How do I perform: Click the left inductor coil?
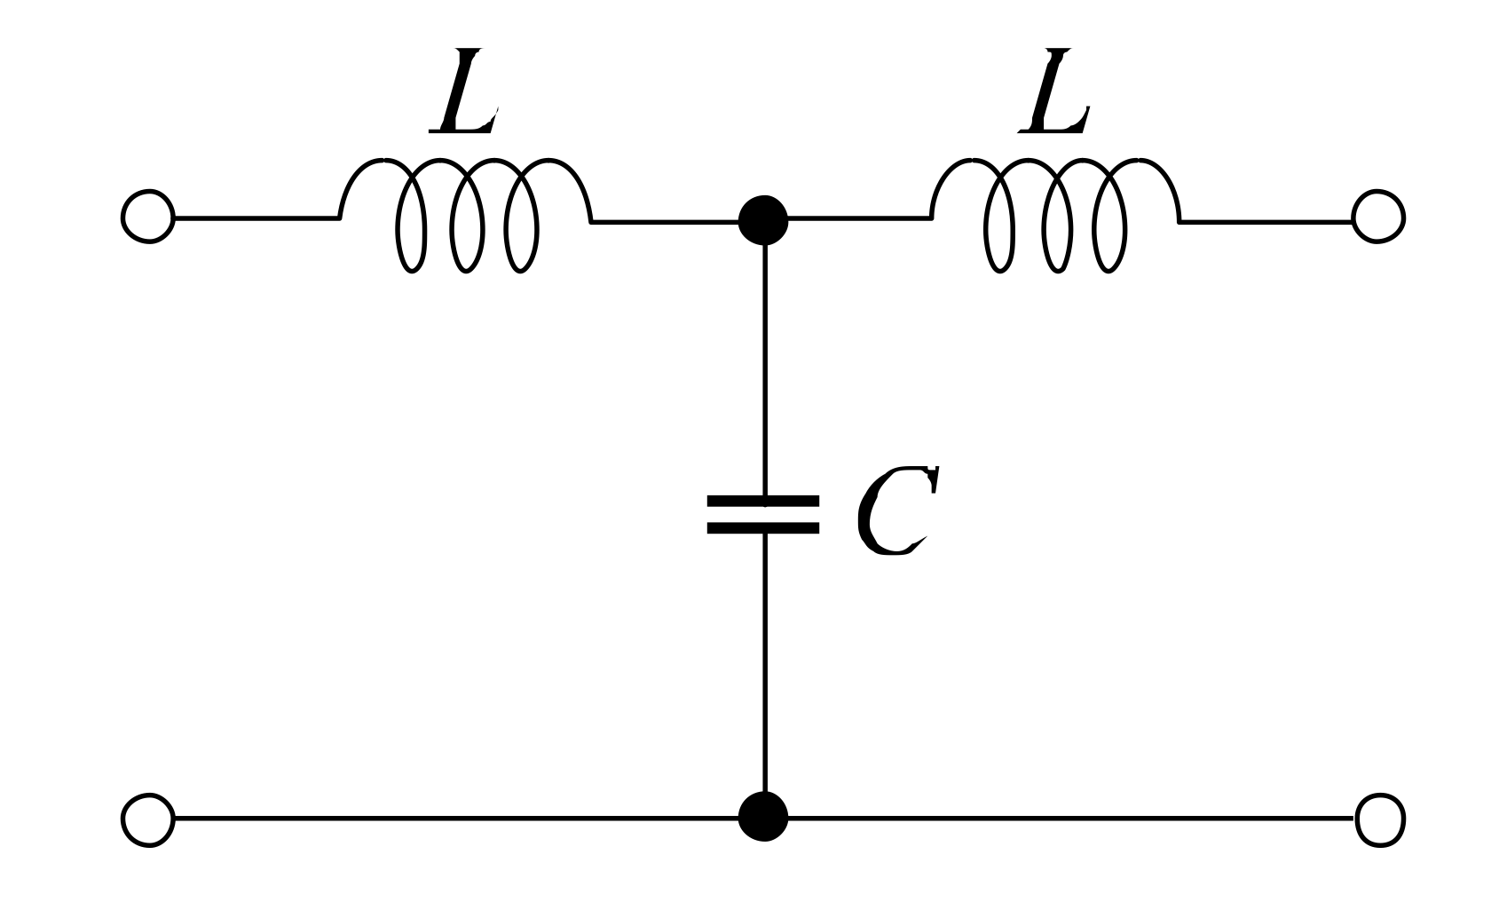(465, 213)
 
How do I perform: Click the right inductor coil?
(1054, 213)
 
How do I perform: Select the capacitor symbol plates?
(763, 515)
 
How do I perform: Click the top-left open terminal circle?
(148, 217)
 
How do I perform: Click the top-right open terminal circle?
(1377, 217)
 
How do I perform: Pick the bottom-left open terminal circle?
(148, 819)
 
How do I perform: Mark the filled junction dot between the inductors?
(763, 219)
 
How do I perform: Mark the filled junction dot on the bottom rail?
(763, 816)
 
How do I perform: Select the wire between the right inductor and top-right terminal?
(1265, 220)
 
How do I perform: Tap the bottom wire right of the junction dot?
(1065, 818)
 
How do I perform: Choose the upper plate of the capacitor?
(763, 502)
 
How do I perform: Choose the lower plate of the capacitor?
(763, 528)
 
